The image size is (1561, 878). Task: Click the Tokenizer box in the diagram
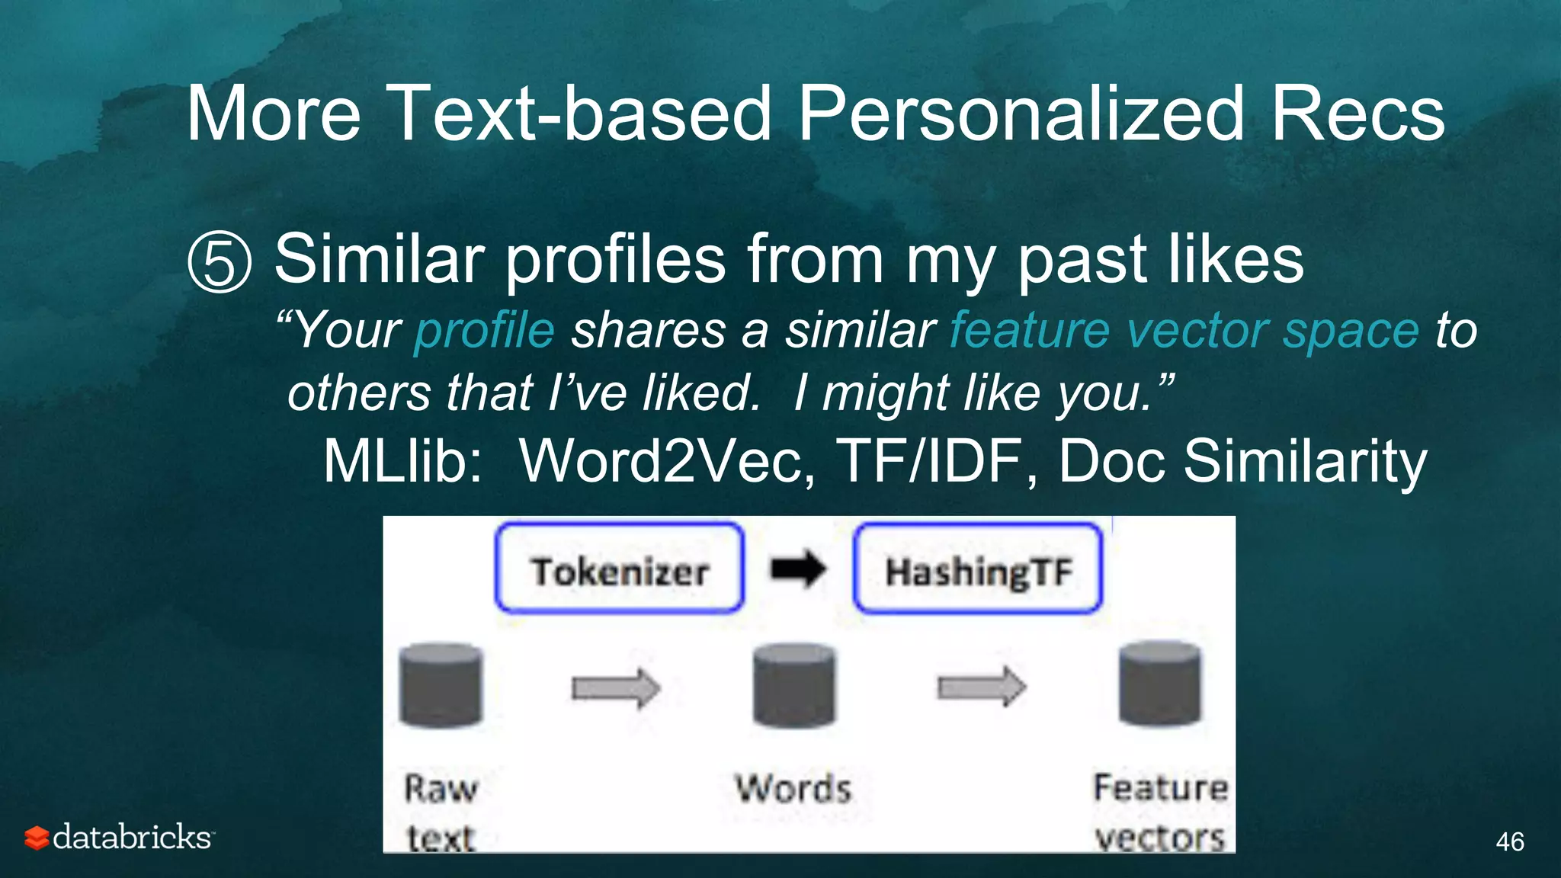[619, 568]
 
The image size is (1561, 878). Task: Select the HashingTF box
[978, 569]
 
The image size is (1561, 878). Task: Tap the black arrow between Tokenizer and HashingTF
[798, 569]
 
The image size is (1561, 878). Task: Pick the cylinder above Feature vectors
[1159, 683]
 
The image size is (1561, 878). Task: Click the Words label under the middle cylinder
[793, 789]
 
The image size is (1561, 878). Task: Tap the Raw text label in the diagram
[441, 812]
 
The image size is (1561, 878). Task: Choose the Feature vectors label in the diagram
[1160, 812]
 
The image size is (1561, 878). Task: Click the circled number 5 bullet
[220, 263]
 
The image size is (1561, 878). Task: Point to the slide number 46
[1509, 841]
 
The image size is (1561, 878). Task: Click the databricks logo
[119, 837]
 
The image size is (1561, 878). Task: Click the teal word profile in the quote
[484, 331]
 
